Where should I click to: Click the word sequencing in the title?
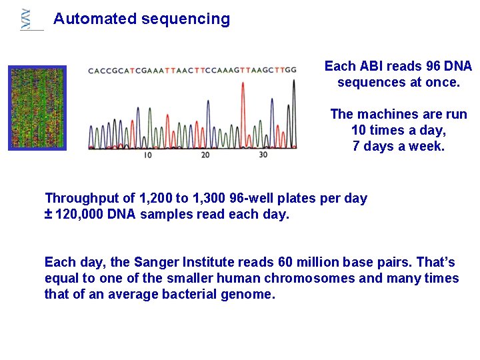185,19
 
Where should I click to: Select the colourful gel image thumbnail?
37,107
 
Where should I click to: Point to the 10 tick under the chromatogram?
147,155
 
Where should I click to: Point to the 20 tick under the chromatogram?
205,155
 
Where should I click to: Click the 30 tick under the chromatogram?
263,155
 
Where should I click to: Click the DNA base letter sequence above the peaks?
192,70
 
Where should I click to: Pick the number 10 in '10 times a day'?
359,130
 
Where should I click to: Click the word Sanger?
157,262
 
